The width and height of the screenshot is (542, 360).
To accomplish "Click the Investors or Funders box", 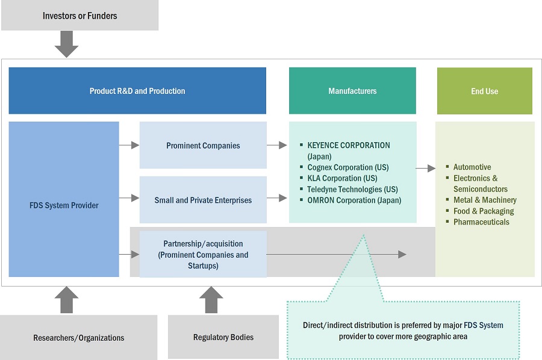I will [x=79, y=16].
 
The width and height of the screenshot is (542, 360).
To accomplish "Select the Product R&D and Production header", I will [x=137, y=91].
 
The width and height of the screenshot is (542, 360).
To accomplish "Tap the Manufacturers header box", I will [x=352, y=91].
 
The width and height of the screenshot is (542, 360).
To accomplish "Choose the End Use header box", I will [x=484, y=91].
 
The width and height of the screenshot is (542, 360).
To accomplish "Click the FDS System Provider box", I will [x=64, y=205].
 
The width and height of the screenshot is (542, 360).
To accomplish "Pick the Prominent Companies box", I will [x=203, y=145].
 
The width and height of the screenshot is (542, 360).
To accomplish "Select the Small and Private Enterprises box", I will [x=203, y=200].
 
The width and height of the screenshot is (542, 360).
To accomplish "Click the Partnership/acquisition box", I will [x=203, y=254].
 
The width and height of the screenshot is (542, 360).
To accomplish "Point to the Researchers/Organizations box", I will [x=79, y=338].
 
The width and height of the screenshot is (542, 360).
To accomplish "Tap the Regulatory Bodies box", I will [x=223, y=337].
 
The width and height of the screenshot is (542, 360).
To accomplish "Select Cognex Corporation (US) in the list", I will [x=347, y=167].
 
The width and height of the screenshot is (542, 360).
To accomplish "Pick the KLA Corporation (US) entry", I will [x=342, y=178].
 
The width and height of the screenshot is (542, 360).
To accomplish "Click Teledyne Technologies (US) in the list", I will [x=352, y=189].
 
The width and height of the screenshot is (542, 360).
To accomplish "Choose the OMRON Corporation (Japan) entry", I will [x=354, y=200].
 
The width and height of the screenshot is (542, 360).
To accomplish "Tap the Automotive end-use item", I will [x=472, y=167].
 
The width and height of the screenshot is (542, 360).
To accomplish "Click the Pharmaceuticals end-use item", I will [x=481, y=222].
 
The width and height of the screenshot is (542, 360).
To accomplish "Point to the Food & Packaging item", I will [x=484, y=211].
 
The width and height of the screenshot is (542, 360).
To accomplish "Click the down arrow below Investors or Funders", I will [x=66, y=43].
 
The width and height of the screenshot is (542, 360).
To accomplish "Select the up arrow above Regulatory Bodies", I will [x=211, y=299].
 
